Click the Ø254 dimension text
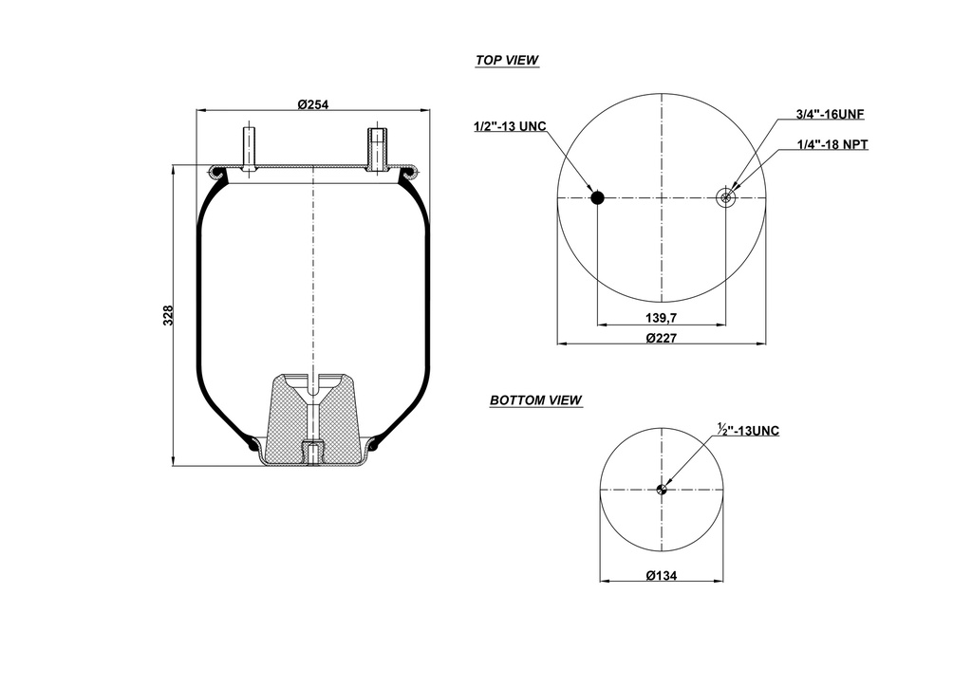point(312,103)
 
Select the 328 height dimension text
point(168,316)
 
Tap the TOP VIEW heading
point(506,61)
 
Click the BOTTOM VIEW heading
point(535,400)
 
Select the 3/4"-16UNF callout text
point(830,114)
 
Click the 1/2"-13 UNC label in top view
point(510,126)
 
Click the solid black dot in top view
point(597,197)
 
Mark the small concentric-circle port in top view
point(726,197)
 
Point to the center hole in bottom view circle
point(662,490)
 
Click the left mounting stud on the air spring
point(249,146)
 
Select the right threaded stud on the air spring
point(376,146)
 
